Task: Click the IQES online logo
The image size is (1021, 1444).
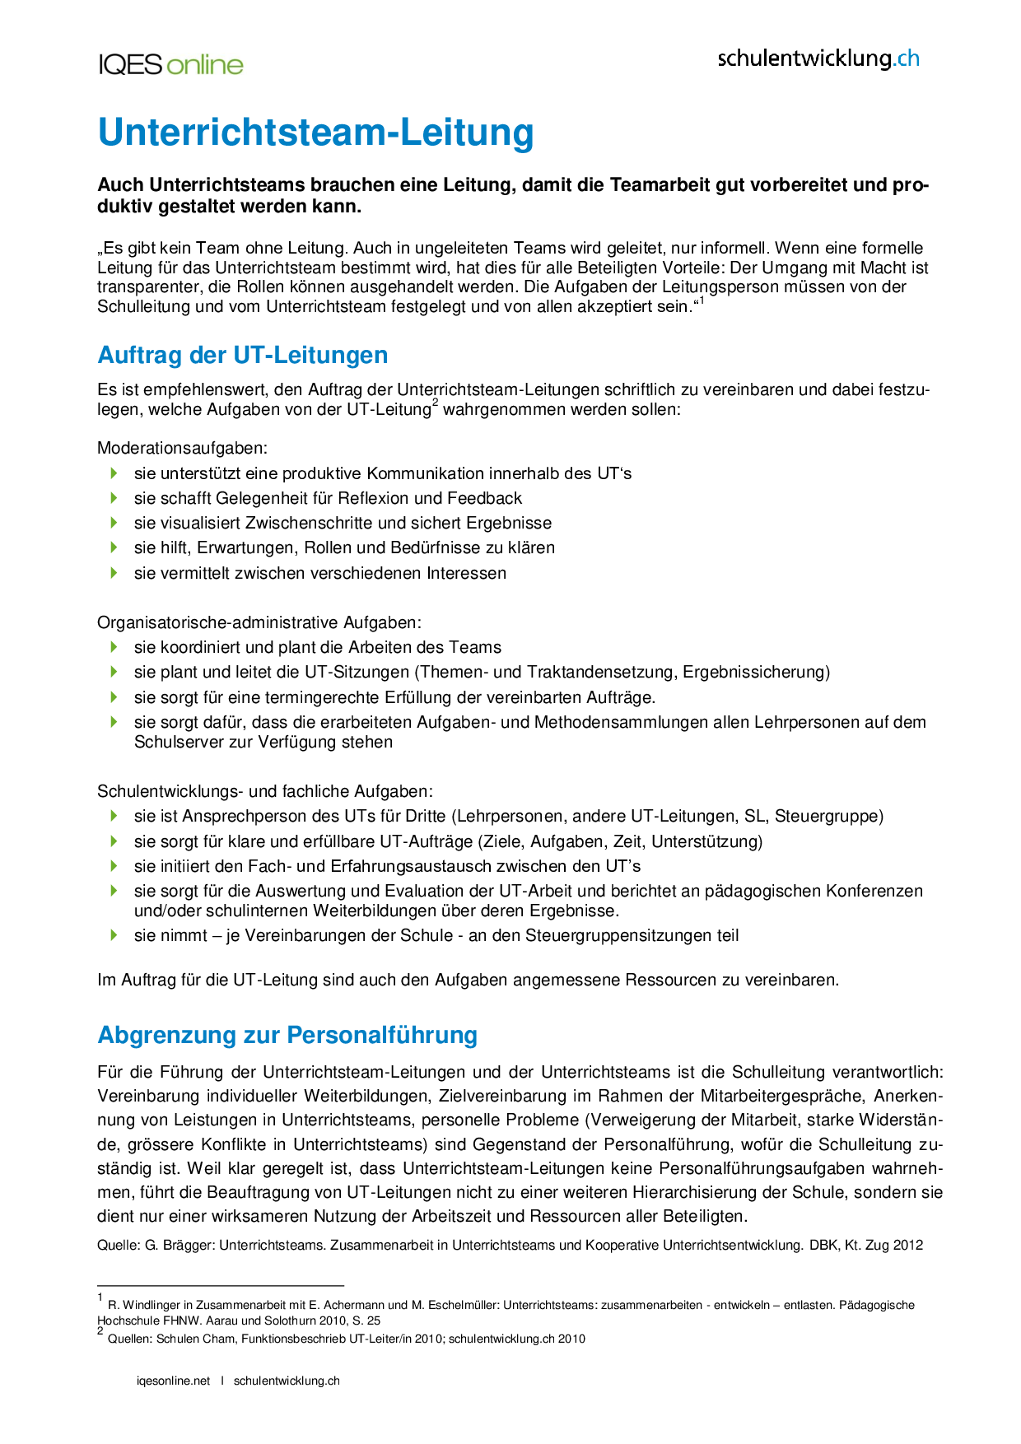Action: tap(170, 65)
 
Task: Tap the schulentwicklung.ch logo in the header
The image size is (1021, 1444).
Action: tap(818, 58)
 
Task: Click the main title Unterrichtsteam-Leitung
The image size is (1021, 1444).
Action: tap(315, 133)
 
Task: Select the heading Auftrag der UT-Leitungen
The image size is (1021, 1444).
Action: tap(242, 355)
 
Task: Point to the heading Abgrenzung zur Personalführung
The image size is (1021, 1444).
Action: tap(287, 1035)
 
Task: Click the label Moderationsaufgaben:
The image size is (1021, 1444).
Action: tap(182, 448)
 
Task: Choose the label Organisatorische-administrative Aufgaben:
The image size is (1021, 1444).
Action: tap(259, 622)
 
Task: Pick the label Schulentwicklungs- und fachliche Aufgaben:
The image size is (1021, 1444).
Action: tap(265, 791)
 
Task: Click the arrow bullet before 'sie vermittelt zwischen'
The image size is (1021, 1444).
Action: tap(114, 572)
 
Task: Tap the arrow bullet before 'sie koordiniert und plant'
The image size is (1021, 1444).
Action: tap(114, 647)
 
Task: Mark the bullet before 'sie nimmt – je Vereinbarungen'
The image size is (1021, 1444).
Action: tap(114, 935)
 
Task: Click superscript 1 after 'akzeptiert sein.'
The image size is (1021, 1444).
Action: tap(702, 301)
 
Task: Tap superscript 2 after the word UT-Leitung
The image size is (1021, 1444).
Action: tap(435, 403)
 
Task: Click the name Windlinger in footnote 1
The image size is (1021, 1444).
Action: tap(145, 1305)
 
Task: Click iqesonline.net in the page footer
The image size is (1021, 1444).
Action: tap(173, 1381)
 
